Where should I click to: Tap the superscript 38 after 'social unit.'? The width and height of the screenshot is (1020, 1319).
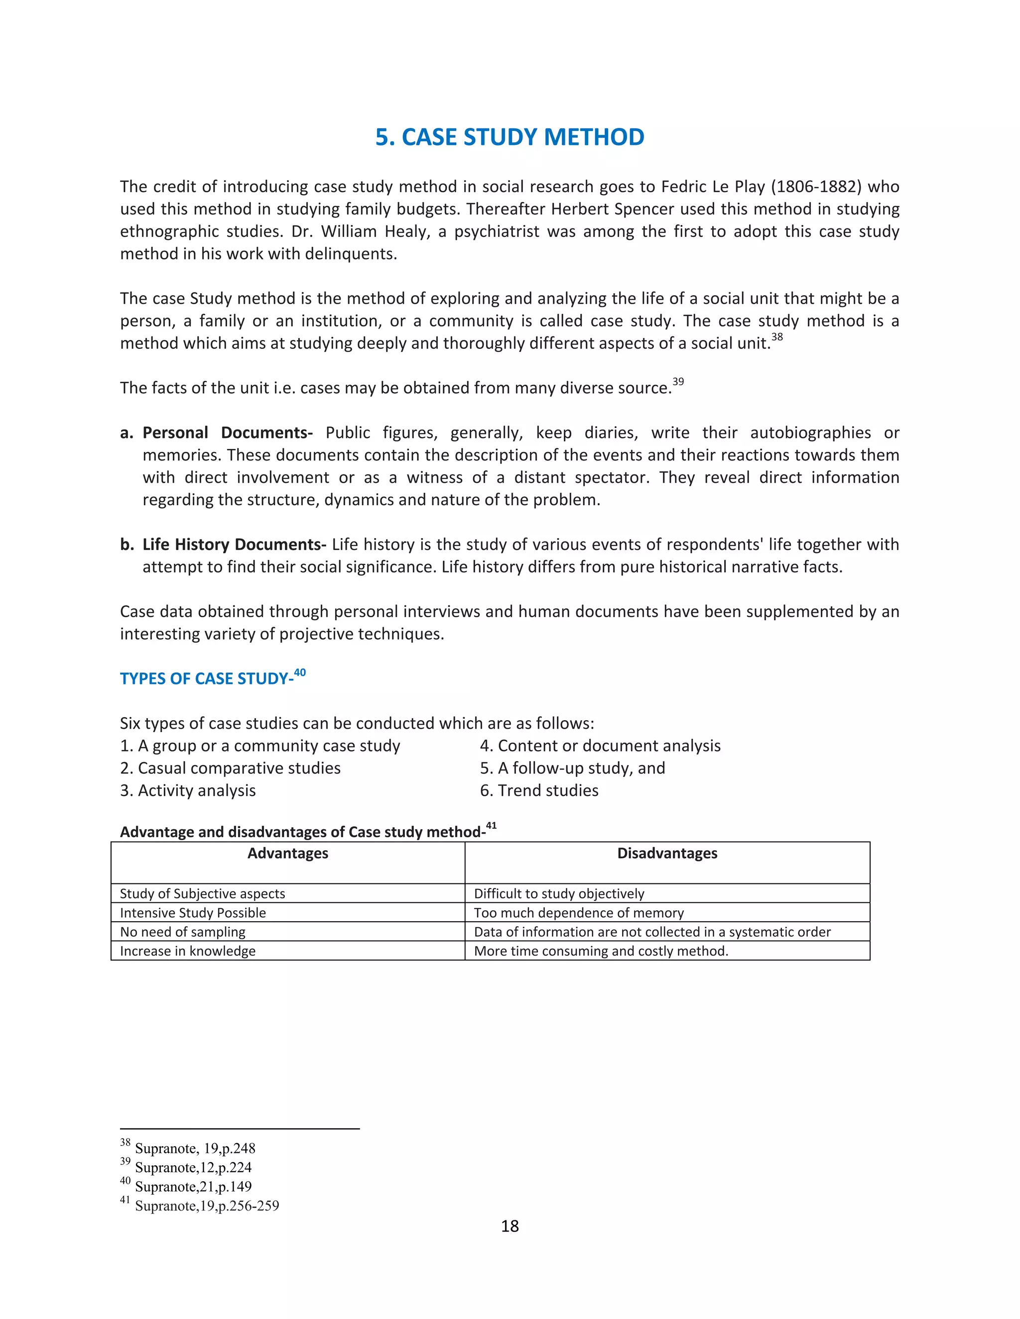click(x=777, y=337)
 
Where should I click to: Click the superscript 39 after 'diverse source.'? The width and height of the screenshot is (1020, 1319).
click(x=678, y=382)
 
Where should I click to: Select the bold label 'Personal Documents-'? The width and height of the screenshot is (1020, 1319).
click(x=227, y=433)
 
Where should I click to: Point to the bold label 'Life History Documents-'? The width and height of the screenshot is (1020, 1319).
click(x=234, y=544)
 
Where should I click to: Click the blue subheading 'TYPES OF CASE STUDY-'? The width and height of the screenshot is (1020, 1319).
click(x=207, y=678)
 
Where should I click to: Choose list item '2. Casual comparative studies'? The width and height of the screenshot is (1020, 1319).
click(x=230, y=768)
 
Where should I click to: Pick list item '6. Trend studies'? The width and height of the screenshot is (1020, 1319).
click(x=539, y=790)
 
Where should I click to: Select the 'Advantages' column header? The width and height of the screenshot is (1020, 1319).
click(x=288, y=853)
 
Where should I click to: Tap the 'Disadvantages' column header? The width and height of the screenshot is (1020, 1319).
click(x=667, y=853)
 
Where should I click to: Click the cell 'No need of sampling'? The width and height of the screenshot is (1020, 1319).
click(x=182, y=931)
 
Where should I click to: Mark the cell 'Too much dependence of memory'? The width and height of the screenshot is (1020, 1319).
click(x=579, y=912)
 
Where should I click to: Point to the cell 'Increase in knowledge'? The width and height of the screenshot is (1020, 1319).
click(x=187, y=951)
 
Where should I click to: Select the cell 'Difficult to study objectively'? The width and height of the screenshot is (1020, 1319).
click(x=559, y=893)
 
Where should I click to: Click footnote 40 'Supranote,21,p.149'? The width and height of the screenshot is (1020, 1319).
click(x=193, y=1186)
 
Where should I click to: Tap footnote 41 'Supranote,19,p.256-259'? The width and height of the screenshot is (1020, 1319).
click(x=207, y=1206)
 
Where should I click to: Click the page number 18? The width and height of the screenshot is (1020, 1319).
click(x=510, y=1226)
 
